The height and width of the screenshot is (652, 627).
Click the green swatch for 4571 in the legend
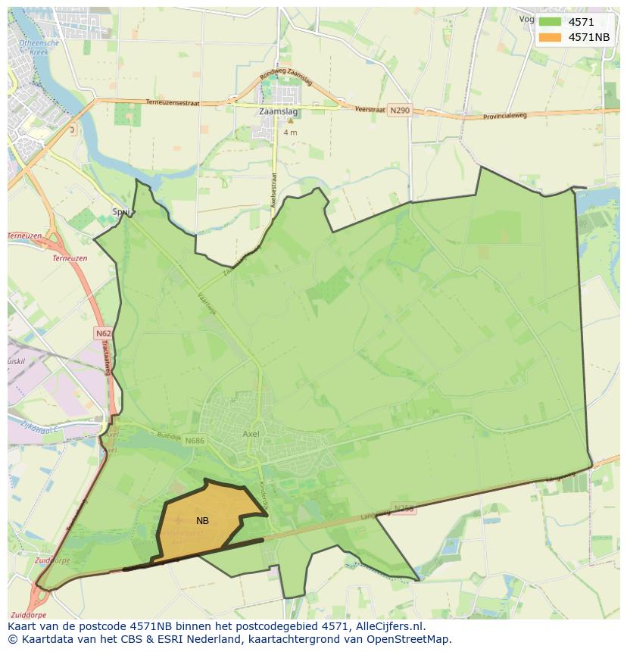[550, 22]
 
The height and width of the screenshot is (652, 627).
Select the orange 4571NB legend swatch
[550, 37]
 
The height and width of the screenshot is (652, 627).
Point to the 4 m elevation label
[290, 133]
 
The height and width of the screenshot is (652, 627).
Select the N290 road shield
[401, 111]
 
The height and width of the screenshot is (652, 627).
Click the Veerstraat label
[371, 109]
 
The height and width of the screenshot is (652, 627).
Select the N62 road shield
[104, 333]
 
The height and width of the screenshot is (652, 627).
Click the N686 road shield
[195, 441]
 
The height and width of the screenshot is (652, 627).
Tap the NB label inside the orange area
[202, 521]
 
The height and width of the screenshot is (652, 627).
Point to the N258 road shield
[404, 509]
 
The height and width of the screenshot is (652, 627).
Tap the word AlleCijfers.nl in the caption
[388, 626]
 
